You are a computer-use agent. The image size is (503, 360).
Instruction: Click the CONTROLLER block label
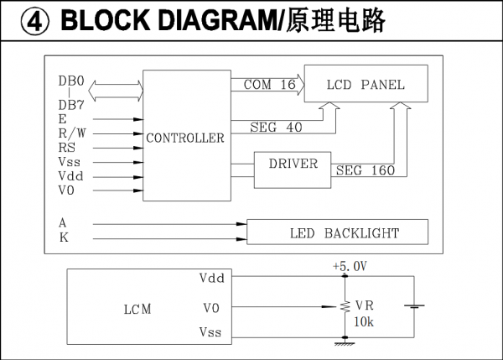[x=185, y=138]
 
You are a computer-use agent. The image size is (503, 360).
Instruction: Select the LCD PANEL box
[x=366, y=85]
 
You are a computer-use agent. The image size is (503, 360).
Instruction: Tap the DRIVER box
[x=293, y=164]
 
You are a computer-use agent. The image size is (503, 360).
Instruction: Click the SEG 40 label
[x=276, y=128]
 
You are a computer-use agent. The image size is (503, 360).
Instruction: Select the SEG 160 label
[x=365, y=170]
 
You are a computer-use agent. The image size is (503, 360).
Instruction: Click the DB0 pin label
[x=71, y=81]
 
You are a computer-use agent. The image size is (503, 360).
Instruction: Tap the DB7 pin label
[x=71, y=104]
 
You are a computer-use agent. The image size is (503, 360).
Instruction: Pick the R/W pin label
[x=70, y=133]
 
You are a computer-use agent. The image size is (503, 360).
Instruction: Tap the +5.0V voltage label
[x=349, y=266]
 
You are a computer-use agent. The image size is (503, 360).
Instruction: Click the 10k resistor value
[x=365, y=321]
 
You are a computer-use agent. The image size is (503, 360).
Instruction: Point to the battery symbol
[x=412, y=306]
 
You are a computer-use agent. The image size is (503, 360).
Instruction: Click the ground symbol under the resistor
[x=341, y=342]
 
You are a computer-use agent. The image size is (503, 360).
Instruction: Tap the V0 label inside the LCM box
[x=211, y=308]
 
